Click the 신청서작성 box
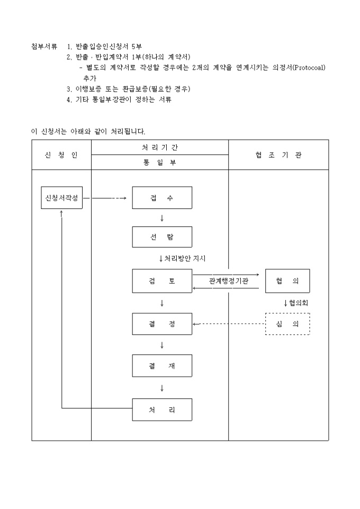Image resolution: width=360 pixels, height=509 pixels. pos(62,198)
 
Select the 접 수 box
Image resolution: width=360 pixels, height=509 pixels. pos(162,198)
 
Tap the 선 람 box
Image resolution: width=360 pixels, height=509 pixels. pos(162,237)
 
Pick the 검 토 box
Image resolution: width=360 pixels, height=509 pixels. pos(162,281)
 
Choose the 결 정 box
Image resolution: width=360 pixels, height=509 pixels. pos(162,324)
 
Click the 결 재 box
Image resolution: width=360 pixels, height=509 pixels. pos(162,366)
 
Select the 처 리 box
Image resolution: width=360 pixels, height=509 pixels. pos(162,410)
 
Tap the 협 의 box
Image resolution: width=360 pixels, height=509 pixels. pos(287,281)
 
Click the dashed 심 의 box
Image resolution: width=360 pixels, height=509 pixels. pos(287,324)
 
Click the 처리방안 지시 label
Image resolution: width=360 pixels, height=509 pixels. pos(185,259)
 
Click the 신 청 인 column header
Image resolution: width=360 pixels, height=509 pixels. pos(61,154)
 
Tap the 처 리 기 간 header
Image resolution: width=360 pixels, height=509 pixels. pos(160,147)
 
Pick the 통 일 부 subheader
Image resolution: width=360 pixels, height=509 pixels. pos(160,162)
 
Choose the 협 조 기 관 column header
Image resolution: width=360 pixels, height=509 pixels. pos(278,154)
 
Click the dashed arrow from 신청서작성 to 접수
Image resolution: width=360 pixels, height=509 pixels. pos(107,198)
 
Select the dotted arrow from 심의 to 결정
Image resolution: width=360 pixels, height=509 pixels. pos(229,324)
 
